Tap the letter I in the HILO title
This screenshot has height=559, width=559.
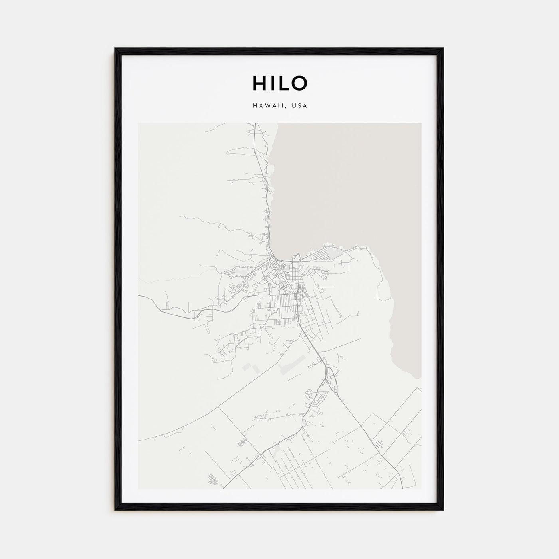271,83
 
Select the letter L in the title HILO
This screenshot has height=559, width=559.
281,83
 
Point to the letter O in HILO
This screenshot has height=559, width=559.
299,83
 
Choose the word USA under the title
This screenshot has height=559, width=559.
299,106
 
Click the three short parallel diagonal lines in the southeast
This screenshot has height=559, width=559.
379,443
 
